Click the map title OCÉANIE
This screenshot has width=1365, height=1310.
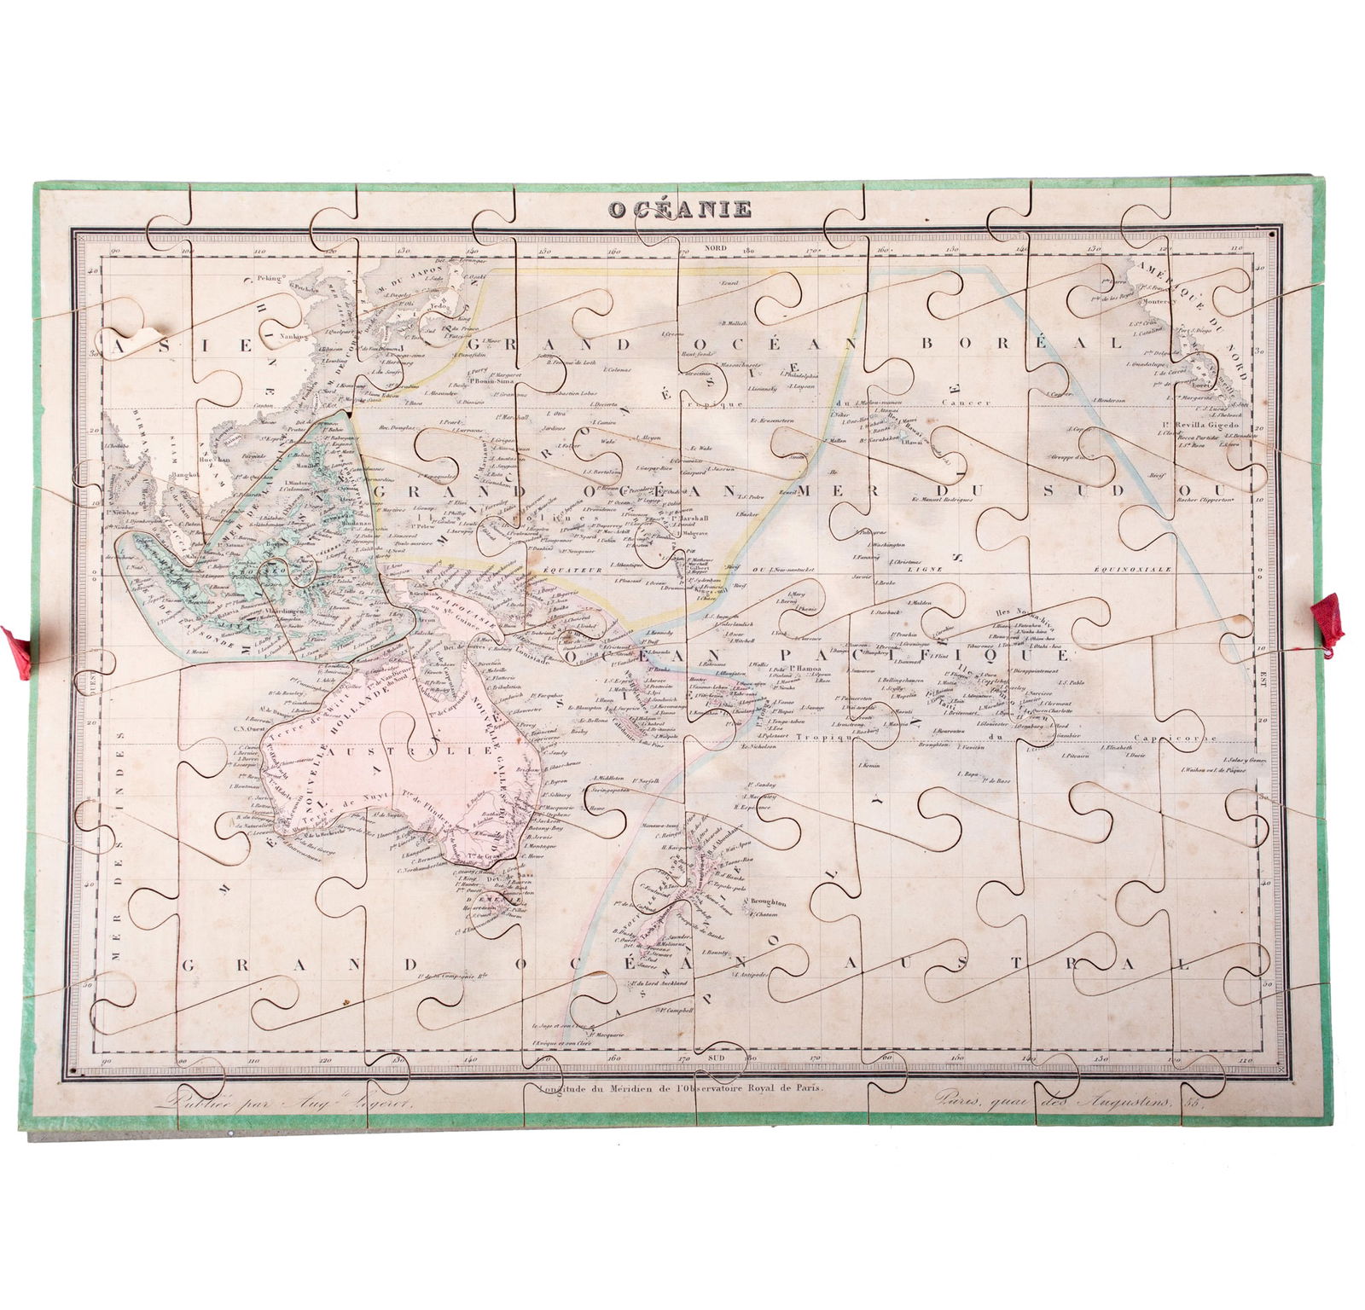click(679, 209)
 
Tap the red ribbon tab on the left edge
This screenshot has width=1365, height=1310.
click(16, 652)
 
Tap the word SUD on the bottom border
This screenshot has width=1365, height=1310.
click(716, 1058)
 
